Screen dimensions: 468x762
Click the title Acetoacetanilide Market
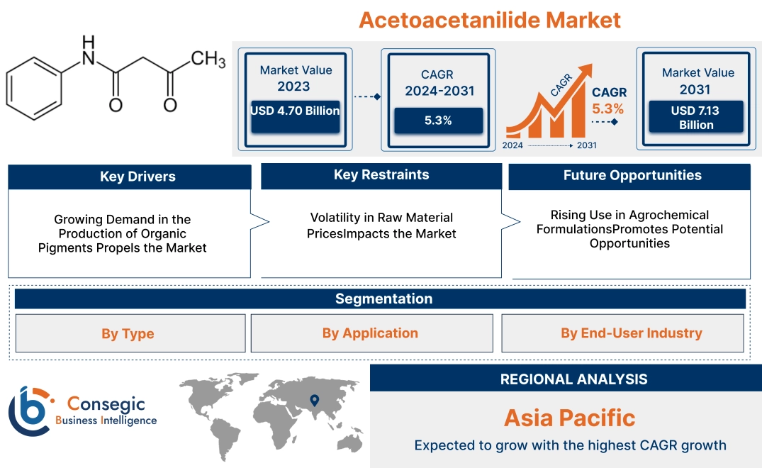[x=489, y=19]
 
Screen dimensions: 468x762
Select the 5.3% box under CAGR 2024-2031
[x=438, y=121]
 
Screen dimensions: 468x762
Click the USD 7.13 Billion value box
[x=696, y=117]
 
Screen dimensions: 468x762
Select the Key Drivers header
[x=130, y=177]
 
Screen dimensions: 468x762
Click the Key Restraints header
[x=381, y=175]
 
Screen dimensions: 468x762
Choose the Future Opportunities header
[x=629, y=175]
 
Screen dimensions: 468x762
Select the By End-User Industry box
[x=622, y=333]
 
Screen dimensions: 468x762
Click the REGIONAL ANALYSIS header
[x=566, y=379]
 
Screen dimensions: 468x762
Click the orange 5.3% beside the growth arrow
[x=607, y=108]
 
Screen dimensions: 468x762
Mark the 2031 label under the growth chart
[x=585, y=145]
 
